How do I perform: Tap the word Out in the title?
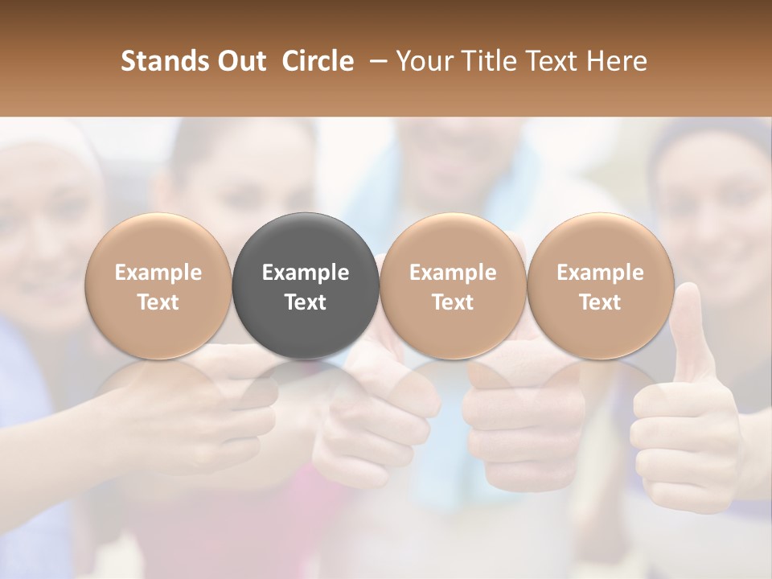coord(239,62)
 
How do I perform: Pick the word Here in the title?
coord(616,62)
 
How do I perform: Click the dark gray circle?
coord(306,286)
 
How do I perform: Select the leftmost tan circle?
coord(158,286)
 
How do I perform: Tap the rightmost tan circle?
coord(600,286)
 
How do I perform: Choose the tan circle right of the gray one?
coord(453,286)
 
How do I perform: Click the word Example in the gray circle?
coord(306,273)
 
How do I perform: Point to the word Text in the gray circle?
coord(306,302)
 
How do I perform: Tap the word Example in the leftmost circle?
coord(158,273)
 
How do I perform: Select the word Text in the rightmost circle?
coord(600,302)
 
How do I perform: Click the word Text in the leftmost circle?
coord(158,302)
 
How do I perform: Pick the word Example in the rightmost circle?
coord(600,273)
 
